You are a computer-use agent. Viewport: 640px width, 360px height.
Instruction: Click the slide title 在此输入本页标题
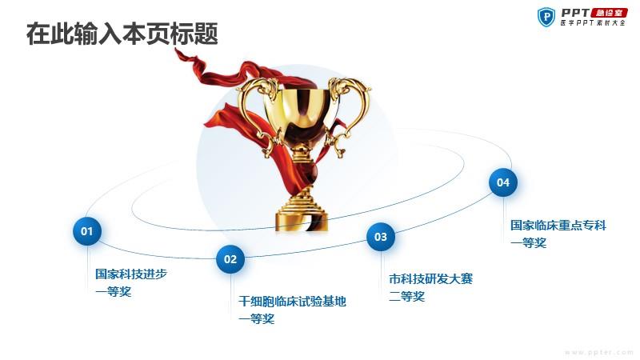pos(122,34)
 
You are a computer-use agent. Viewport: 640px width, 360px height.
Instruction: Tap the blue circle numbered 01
pos(87,231)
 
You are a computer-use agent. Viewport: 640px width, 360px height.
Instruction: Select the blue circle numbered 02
pos(230,259)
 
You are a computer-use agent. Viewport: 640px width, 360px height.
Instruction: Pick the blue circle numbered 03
pos(381,237)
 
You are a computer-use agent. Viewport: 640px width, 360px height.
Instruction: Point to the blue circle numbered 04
pos(503,182)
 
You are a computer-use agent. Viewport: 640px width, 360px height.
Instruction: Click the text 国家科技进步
pos(131,274)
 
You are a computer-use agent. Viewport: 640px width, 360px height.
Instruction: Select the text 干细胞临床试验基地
pos(292,302)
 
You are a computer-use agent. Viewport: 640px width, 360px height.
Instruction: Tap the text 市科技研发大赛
pos(430,279)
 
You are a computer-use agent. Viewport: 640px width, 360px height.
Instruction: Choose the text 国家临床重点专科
pos(558,226)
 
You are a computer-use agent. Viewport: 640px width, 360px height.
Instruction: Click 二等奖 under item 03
pos(407,297)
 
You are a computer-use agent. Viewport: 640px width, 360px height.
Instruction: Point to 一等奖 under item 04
pos(529,243)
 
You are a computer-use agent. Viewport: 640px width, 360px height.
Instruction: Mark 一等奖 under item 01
pos(114,292)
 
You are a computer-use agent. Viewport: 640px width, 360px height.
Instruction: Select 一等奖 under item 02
pos(257,318)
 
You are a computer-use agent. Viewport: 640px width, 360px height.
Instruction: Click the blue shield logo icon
pos(546,17)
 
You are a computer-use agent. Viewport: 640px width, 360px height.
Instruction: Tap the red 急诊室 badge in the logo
pos(609,13)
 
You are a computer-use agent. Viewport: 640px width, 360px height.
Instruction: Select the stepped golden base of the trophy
pos(302,210)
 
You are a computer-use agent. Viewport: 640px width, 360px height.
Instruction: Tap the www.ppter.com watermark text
pos(598,352)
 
